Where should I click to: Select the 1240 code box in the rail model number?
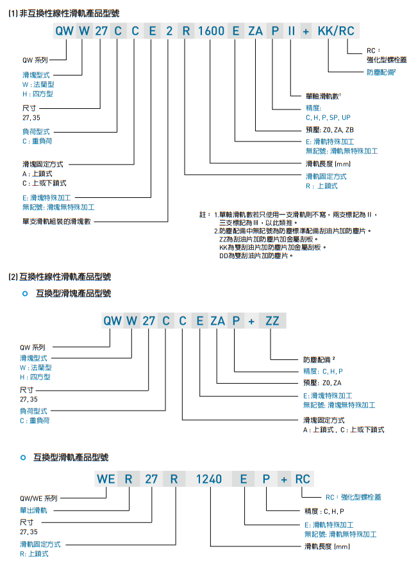[x=208, y=478]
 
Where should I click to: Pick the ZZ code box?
[x=272, y=321]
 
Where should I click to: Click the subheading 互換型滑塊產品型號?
[x=74, y=293]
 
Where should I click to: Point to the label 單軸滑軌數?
[x=324, y=96]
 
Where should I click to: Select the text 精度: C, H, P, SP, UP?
[x=328, y=118]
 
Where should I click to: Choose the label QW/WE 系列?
[x=38, y=498]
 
